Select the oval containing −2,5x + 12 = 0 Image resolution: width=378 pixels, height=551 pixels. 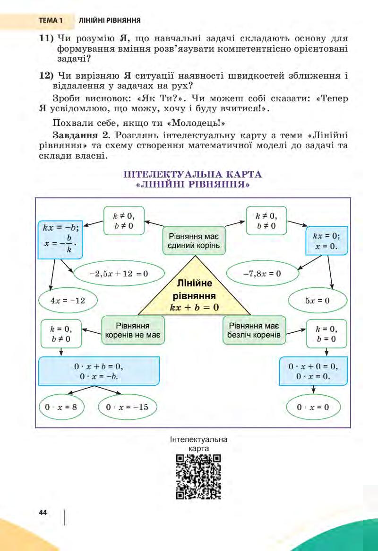pyautogui.click(x=118, y=274)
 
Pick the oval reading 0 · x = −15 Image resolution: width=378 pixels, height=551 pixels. pyautogui.click(x=128, y=406)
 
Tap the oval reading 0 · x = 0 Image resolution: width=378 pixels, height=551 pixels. pyautogui.click(x=313, y=406)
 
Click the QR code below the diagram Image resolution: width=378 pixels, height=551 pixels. pyautogui.click(x=198, y=477)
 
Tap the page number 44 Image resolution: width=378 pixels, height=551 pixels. pyautogui.click(x=43, y=513)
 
